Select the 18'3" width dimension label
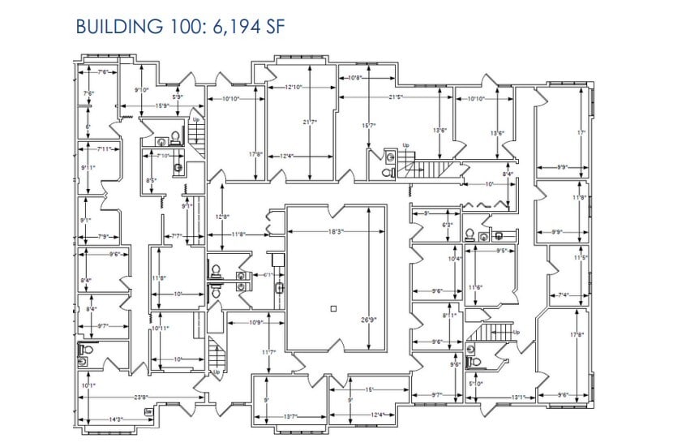(x=336, y=232)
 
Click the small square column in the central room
(x=333, y=308)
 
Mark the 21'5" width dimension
(x=395, y=97)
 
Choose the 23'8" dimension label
(x=140, y=397)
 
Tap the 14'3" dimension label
(x=115, y=419)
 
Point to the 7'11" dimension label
(x=104, y=149)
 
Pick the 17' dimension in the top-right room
(x=581, y=132)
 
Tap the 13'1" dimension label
(x=519, y=397)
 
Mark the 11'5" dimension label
(x=580, y=258)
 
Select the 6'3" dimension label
(x=447, y=225)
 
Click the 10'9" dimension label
(x=255, y=323)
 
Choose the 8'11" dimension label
(x=449, y=315)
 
